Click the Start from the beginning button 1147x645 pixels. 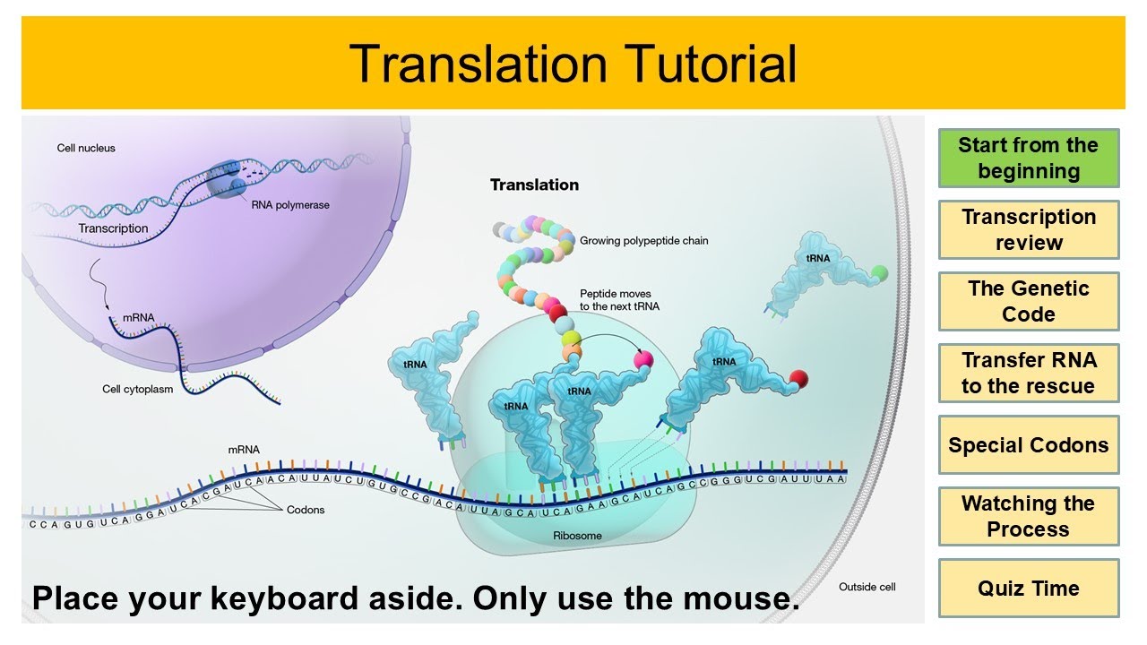coord(1029,159)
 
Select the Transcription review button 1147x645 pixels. coord(1029,230)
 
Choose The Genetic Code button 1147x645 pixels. coord(1029,302)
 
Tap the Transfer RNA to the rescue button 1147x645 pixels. coord(1029,374)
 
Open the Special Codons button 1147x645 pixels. coord(1029,445)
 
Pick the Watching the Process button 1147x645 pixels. coord(1029,517)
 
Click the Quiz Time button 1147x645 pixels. coord(1029,589)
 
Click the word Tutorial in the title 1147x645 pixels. coord(702,64)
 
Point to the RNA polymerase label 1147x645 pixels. coord(290,205)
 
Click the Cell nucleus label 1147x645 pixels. coord(86,148)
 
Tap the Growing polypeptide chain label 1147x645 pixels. coord(643,241)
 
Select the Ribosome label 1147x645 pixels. coord(577,536)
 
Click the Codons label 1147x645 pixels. coord(306,510)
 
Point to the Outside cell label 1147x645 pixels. coord(867,587)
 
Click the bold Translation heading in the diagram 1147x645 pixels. coord(534,185)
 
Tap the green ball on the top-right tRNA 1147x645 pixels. coord(880,271)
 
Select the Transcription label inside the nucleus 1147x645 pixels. coord(113,228)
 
